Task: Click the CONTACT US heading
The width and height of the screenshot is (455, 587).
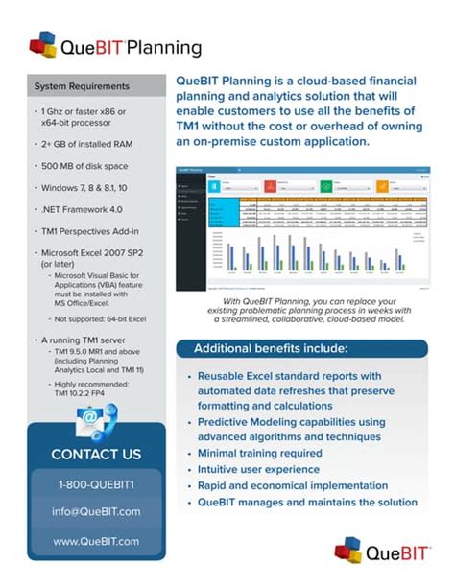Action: (95, 454)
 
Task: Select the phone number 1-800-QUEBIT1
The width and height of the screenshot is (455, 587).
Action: (95, 484)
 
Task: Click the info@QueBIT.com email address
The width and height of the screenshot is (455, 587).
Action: (95, 511)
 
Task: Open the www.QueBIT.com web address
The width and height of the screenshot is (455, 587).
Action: (95, 540)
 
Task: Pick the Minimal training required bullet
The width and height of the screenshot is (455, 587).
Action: (259, 453)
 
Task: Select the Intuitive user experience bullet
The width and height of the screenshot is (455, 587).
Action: (258, 469)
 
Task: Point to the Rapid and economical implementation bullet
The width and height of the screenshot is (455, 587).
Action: (292, 485)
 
